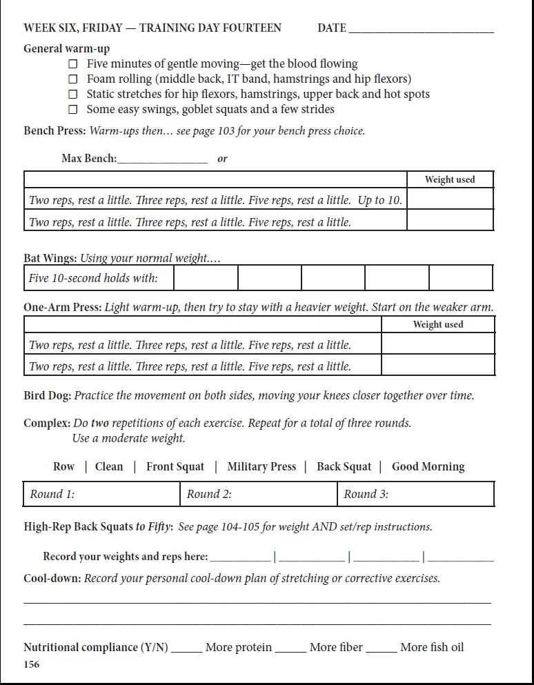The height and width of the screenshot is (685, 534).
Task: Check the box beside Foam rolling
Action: pyautogui.click(x=72, y=79)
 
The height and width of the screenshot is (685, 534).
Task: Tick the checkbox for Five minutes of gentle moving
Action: pyautogui.click(x=72, y=64)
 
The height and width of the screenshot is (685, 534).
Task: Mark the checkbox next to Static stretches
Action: pyautogui.click(x=72, y=95)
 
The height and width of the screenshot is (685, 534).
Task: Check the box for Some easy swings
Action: pyautogui.click(x=72, y=110)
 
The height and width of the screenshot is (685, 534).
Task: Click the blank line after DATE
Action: pyautogui.click(x=421, y=29)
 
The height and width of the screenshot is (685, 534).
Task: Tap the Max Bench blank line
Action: pyautogui.click(x=162, y=159)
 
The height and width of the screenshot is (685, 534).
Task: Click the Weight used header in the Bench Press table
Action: pyautogui.click(x=450, y=180)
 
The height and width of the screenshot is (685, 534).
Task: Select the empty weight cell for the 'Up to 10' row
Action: pyautogui.click(x=450, y=199)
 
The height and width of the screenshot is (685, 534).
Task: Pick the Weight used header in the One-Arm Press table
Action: pyautogui.click(x=438, y=325)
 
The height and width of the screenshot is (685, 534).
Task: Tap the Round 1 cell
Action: pyautogui.click(x=101, y=494)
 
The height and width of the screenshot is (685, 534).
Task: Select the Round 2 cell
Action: pyautogui.click(x=259, y=494)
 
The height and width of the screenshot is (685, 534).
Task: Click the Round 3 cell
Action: pyautogui.click(x=416, y=494)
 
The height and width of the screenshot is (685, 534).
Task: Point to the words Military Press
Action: pyautogui.click(x=261, y=467)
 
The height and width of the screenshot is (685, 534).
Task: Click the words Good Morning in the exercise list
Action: pyautogui.click(x=428, y=467)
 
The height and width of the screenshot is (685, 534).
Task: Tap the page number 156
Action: pyautogui.click(x=32, y=665)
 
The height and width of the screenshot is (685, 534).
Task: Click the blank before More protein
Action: pyautogui.click(x=186, y=648)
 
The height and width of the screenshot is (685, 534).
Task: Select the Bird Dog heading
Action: pyautogui.click(x=47, y=396)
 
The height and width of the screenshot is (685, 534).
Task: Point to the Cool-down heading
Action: pyautogui.click(x=52, y=578)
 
